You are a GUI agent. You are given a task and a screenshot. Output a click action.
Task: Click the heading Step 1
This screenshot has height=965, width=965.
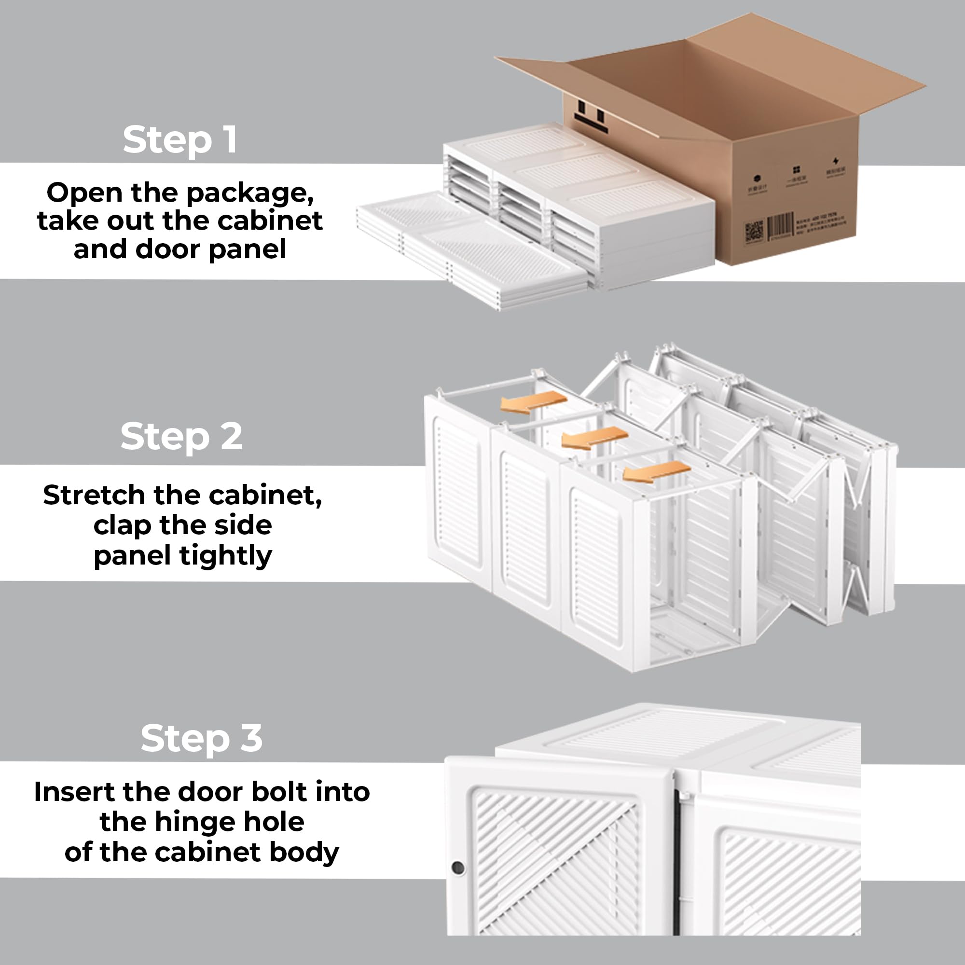coord(180,140)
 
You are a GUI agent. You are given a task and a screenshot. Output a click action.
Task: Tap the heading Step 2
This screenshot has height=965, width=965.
coord(181,436)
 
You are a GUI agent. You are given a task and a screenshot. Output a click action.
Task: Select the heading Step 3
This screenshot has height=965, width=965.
coord(201,738)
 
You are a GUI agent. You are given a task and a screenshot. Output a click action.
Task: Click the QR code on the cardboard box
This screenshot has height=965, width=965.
coord(754,232)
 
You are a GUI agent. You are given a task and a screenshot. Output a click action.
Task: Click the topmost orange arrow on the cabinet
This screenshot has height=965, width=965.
coord(534,401)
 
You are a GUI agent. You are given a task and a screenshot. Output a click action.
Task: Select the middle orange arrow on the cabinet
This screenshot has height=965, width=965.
coord(594,438)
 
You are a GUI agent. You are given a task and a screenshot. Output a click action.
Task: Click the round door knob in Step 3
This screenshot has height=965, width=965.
coord(457,867)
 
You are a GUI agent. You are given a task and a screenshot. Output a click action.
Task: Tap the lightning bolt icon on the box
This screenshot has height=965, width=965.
coord(836,161)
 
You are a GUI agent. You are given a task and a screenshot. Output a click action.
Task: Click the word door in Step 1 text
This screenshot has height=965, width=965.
coord(164,249)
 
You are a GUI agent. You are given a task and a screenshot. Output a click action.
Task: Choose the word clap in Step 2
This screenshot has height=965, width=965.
coord(122,525)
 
